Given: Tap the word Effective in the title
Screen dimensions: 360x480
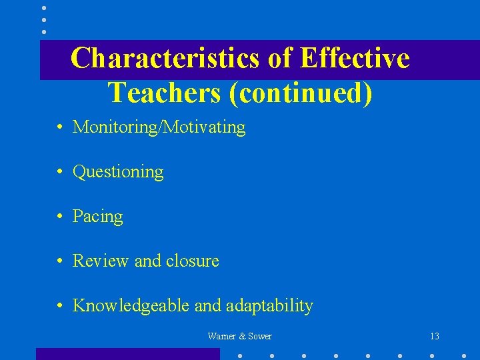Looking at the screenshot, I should [355, 58].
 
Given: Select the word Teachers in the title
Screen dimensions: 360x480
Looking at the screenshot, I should [163, 93].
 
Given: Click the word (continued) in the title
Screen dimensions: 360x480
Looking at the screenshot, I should [300, 93].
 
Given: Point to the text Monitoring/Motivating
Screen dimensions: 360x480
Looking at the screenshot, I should [159, 127].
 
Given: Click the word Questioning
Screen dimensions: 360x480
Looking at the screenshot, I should [118, 172].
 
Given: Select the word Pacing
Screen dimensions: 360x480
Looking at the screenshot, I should [98, 217].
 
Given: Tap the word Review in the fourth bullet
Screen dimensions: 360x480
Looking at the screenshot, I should [101, 261].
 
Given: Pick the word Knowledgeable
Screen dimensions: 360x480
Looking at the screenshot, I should [131, 306].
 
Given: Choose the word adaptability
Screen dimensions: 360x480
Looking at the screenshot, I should [269, 306].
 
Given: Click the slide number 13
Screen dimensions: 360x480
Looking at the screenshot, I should [435, 337].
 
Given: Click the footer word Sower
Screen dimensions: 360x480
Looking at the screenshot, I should [259, 337].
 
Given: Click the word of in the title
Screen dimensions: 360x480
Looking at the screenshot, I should [280, 58].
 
